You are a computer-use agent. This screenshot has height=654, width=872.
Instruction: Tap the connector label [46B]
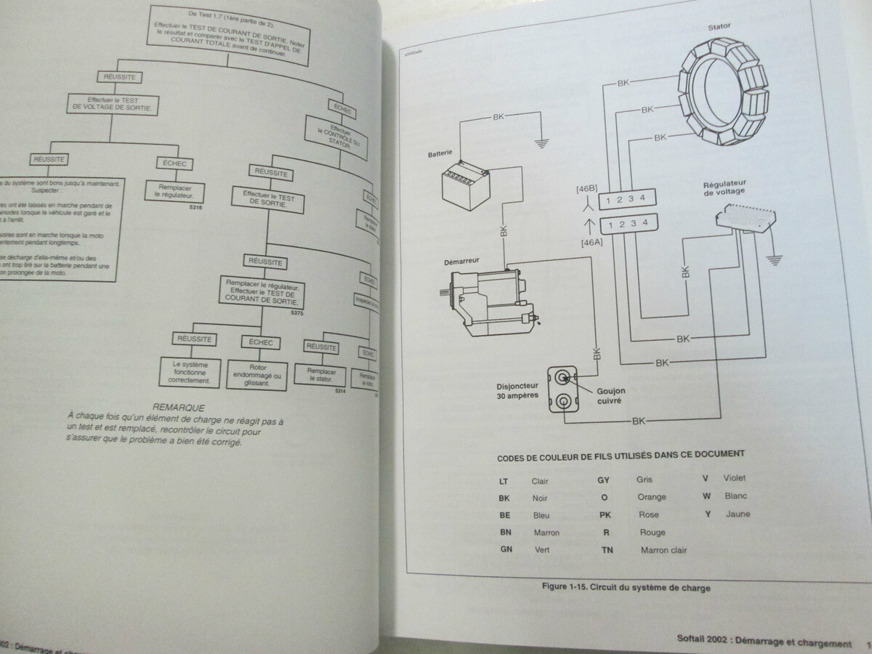(x=586, y=190)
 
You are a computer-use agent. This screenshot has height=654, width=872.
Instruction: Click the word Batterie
(x=440, y=153)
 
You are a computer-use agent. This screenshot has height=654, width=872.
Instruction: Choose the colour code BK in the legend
(x=504, y=498)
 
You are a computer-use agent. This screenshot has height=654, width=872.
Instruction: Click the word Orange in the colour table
(x=650, y=497)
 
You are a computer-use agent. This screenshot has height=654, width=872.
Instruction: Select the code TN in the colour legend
(x=607, y=550)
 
